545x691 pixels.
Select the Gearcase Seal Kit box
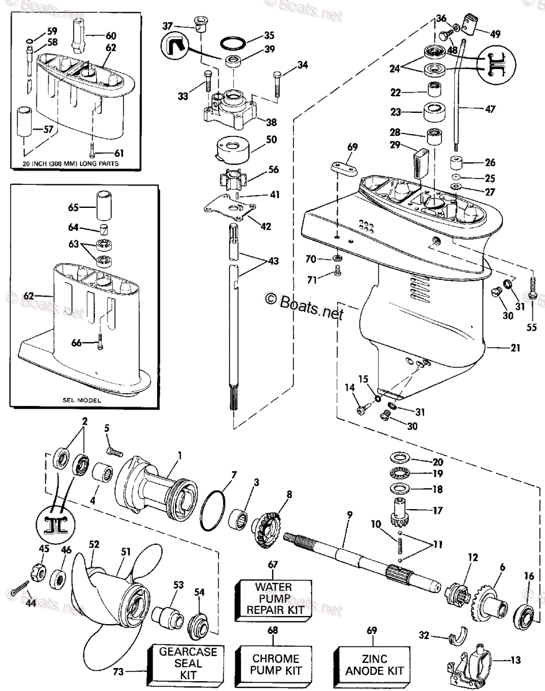tap(185, 666)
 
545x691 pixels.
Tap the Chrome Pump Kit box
tap(273, 667)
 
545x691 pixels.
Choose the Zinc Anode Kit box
tap(372, 667)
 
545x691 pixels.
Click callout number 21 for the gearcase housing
tap(515, 348)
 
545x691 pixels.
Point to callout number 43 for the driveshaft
tap(273, 261)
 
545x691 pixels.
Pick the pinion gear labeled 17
tap(399, 512)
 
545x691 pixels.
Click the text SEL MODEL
tap(82, 400)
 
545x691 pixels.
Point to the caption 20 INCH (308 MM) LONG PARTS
tap(71, 163)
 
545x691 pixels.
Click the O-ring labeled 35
tap(233, 43)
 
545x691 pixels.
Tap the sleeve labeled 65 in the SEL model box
tap(104, 205)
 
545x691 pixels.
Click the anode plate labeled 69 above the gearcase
tap(344, 169)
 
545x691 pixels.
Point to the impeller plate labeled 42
tap(230, 208)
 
